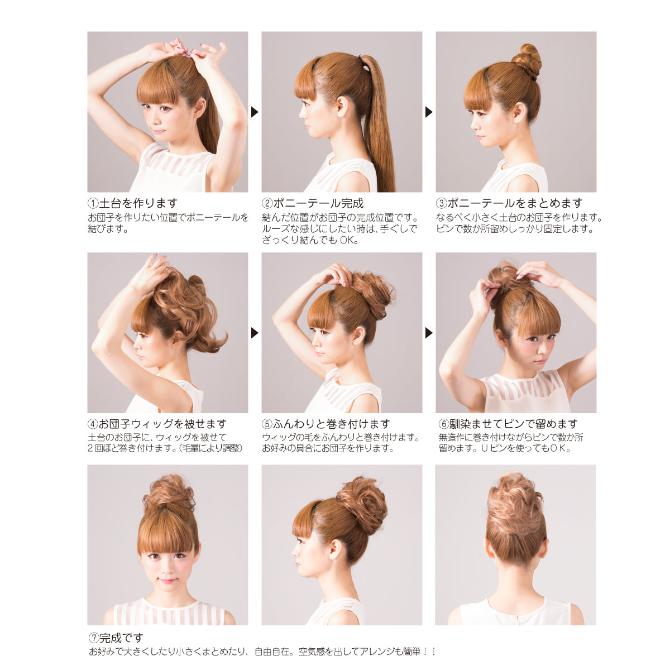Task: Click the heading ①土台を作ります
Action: [x=132, y=203]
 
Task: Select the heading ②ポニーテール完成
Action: [x=313, y=203]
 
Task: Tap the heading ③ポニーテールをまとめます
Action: [x=509, y=203]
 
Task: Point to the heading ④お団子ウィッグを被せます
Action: [x=157, y=424]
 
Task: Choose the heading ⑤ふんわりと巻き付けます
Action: [x=326, y=424]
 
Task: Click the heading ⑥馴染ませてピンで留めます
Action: [x=508, y=424]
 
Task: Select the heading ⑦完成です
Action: [x=116, y=638]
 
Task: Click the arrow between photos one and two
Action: [x=255, y=112]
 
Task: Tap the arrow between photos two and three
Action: [x=429, y=112]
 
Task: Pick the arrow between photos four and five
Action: [x=255, y=333]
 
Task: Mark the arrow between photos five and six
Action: [x=429, y=333]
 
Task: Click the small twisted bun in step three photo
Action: [x=527, y=61]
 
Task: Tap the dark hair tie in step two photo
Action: [x=363, y=62]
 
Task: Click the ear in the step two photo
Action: [x=342, y=107]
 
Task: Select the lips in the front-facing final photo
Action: [x=167, y=580]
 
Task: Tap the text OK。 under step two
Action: [x=349, y=240]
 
